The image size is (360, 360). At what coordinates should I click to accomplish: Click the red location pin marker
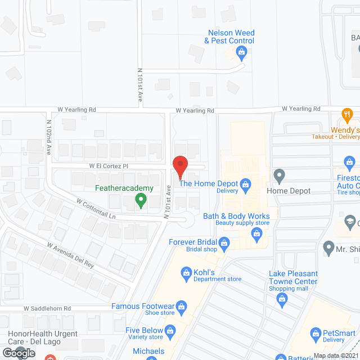click(180, 166)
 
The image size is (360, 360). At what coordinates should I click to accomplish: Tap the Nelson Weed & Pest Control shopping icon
click(241, 53)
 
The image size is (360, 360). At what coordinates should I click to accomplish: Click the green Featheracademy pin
click(142, 200)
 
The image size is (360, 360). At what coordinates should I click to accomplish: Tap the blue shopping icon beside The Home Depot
click(245, 183)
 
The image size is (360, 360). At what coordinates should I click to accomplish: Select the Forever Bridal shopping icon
click(224, 242)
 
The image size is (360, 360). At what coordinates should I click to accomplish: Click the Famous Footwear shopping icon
click(181, 307)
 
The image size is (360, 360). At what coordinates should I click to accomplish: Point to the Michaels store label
click(148, 351)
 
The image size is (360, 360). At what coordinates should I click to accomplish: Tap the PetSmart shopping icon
click(315, 334)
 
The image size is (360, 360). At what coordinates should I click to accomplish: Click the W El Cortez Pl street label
click(109, 166)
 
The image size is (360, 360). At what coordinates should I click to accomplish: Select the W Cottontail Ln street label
click(96, 209)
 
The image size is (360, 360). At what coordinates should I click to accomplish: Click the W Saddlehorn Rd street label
click(47, 308)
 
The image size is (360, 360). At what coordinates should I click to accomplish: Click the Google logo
click(18, 353)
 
